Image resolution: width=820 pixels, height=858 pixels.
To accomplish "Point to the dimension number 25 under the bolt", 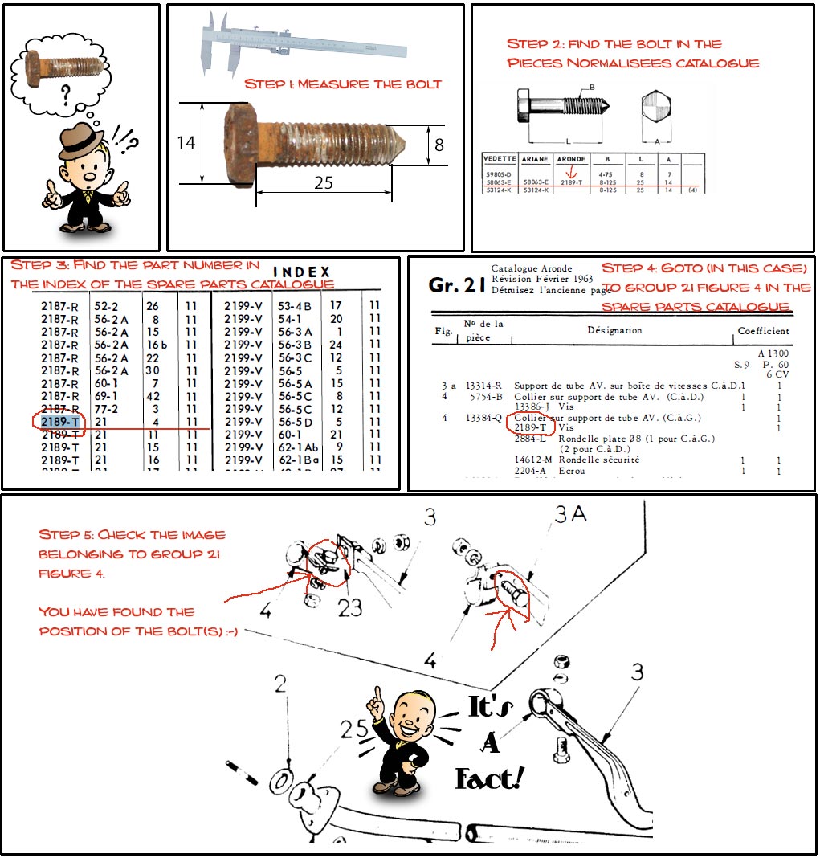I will click(324, 183).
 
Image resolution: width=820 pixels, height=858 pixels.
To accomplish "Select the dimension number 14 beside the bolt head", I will click(186, 144).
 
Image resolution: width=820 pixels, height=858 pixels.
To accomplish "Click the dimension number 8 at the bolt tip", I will click(439, 145).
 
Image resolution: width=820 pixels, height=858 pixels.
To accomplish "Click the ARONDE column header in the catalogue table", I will click(572, 159).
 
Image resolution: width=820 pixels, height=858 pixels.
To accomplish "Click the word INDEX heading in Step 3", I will click(302, 272).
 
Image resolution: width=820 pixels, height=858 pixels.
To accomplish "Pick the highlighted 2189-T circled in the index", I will click(60, 422).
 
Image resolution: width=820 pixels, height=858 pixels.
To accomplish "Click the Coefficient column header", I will click(763, 330).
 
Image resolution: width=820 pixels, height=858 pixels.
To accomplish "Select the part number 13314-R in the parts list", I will click(483, 386).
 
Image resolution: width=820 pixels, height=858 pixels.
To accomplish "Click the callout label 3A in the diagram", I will click(570, 513).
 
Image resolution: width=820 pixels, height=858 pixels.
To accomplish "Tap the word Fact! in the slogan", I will click(489, 777).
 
